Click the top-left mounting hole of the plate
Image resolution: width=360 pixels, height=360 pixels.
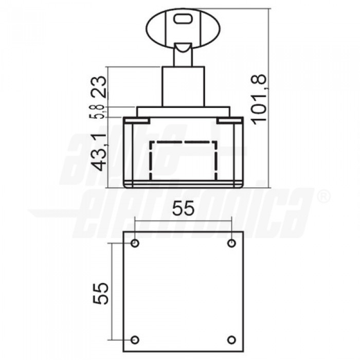click(x=135, y=243)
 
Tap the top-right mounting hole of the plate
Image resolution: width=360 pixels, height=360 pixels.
click(x=232, y=243)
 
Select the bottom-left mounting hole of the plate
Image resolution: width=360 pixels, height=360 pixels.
click(x=135, y=340)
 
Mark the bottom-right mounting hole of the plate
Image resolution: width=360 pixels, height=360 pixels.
click(x=232, y=340)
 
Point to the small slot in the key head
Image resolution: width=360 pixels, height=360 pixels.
click(x=183, y=19)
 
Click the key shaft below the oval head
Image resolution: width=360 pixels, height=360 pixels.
click(x=183, y=54)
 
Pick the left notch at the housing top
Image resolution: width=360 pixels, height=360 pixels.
click(x=137, y=120)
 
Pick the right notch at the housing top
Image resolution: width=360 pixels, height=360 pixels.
click(x=228, y=120)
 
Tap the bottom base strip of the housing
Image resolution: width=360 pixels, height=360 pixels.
click(x=183, y=185)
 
